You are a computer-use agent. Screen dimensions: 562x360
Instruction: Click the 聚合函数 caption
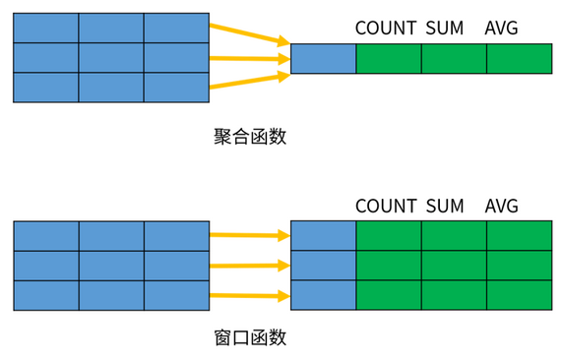(x=250, y=137)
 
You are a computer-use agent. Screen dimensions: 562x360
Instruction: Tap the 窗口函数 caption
(x=250, y=337)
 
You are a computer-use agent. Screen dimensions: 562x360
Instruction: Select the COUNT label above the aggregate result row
(x=386, y=28)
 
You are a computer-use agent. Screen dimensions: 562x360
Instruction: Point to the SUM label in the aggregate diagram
(x=445, y=28)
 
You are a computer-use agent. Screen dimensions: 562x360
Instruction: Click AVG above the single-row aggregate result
(x=501, y=28)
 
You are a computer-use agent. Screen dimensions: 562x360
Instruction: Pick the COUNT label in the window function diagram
(x=386, y=206)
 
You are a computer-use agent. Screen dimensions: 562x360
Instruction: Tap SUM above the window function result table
(x=445, y=206)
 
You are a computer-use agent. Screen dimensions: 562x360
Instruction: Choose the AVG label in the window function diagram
(x=501, y=206)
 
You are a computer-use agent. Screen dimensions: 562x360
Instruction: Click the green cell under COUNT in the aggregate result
(x=389, y=59)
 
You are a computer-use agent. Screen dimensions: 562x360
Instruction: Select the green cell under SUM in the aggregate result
(x=454, y=59)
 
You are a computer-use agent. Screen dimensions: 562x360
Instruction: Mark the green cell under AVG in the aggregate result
(x=520, y=59)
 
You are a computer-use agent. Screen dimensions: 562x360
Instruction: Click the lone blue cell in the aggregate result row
(x=323, y=59)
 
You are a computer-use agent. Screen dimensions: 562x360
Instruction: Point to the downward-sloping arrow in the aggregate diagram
(x=250, y=34)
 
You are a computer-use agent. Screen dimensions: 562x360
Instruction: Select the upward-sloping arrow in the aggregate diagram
(x=250, y=80)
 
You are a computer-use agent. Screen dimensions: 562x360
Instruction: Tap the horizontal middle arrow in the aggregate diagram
(x=250, y=58)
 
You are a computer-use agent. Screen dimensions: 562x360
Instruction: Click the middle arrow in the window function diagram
(x=250, y=266)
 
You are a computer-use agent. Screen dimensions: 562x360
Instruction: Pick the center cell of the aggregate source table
(x=111, y=58)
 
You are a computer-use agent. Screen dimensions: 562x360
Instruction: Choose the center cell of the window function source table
(x=111, y=266)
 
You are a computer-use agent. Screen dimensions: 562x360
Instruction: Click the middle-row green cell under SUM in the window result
(x=454, y=265)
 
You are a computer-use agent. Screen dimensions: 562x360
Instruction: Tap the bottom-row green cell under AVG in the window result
(x=520, y=295)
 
